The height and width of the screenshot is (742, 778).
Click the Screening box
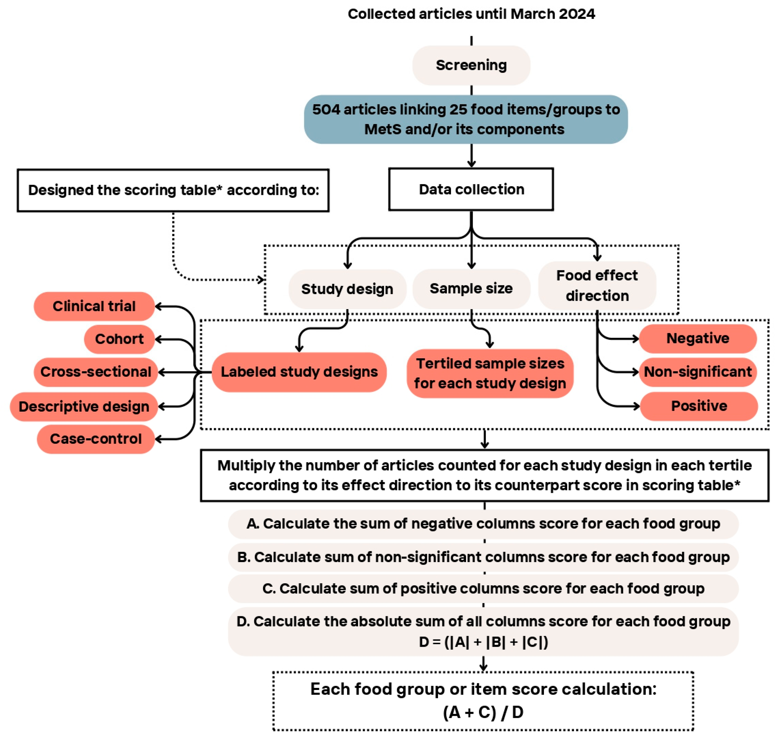(x=471, y=65)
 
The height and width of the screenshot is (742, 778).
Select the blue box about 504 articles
(x=466, y=119)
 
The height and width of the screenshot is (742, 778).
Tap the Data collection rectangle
(x=471, y=190)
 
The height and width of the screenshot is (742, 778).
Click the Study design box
(x=347, y=289)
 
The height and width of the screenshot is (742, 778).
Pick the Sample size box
(x=471, y=289)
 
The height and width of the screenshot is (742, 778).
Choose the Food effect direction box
(x=597, y=286)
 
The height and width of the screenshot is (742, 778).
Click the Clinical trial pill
(x=94, y=306)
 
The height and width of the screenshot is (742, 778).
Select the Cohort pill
(x=119, y=339)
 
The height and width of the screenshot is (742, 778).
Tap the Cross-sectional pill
(x=96, y=372)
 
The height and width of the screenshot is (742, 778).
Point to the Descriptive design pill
(x=84, y=406)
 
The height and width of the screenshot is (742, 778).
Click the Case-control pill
(x=96, y=439)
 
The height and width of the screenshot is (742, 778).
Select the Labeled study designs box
(x=299, y=372)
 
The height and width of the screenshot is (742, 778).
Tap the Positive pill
(x=699, y=406)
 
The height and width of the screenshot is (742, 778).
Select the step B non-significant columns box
(x=483, y=557)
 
